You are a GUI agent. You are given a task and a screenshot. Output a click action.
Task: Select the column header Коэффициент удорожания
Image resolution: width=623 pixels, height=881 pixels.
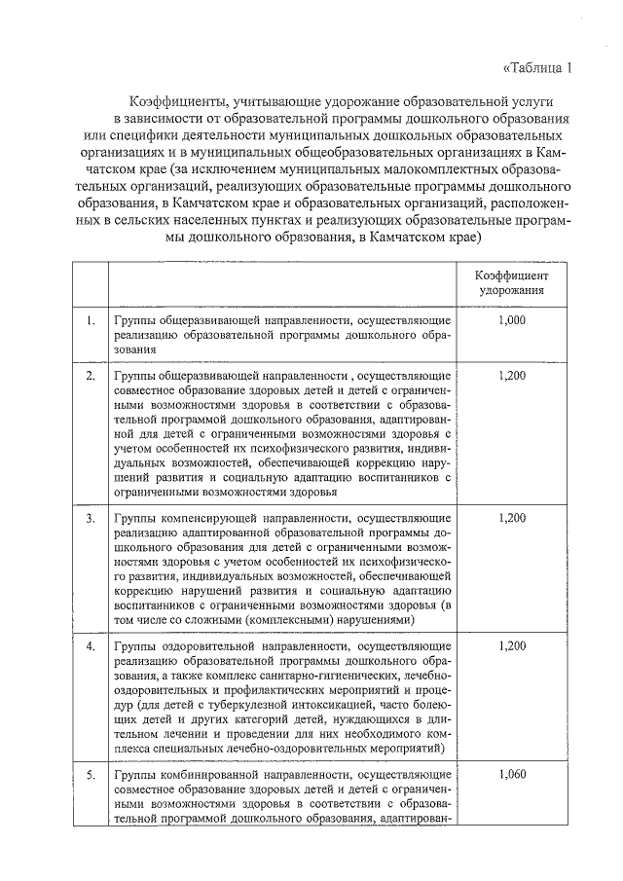coord(510,283)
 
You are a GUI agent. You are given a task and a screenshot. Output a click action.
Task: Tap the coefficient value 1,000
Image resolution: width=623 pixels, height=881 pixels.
coord(510,319)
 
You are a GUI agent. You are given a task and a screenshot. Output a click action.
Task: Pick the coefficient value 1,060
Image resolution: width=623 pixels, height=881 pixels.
coord(510,775)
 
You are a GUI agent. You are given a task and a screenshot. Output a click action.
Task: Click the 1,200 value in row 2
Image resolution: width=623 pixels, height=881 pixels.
coord(510,375)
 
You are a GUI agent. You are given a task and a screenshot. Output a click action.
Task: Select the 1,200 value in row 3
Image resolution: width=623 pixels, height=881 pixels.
coord(510,518)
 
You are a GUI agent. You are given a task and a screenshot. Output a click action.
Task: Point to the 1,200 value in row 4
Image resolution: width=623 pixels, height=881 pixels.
coord(510,645)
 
